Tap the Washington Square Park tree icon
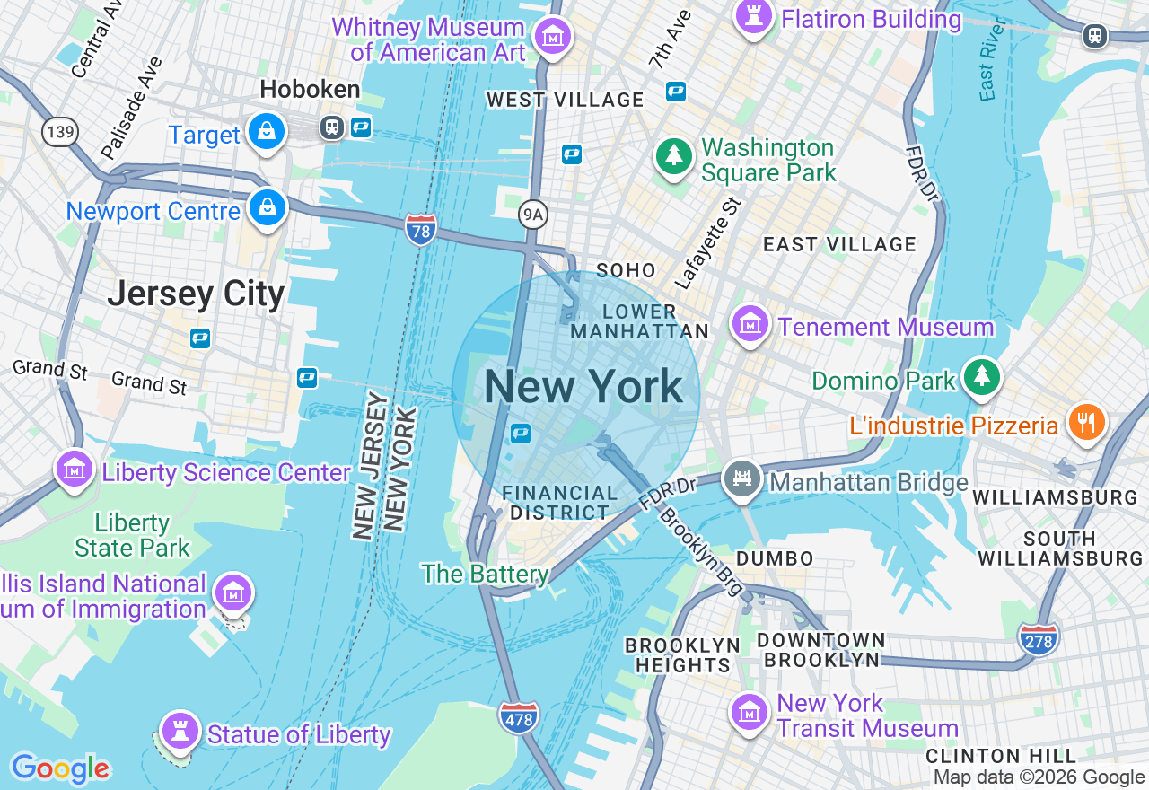click(672, 156)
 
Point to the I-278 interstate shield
click(1038, 639)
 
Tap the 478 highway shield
click(519, 716)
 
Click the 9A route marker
click(532, 214)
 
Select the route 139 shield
click(59, 132)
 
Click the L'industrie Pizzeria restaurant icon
click(1087, 421)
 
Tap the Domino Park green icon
click(982, 377)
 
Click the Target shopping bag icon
click(268, 131)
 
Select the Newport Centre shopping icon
click(268, 207)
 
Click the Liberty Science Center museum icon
click(75, 468)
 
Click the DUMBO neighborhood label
click(775, 558)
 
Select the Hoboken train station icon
click(332, 127)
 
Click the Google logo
click(60, 768)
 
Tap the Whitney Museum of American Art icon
click(553, 37)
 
